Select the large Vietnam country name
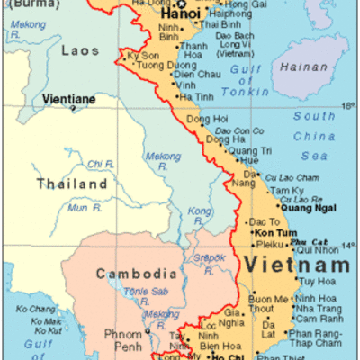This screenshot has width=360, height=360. click(294, 266)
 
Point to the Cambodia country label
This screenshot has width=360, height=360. click(136, 274)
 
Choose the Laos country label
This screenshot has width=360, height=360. click(79, 50)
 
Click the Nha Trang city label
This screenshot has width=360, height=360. click(316, 309)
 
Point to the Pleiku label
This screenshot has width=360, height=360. click(270, 244)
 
